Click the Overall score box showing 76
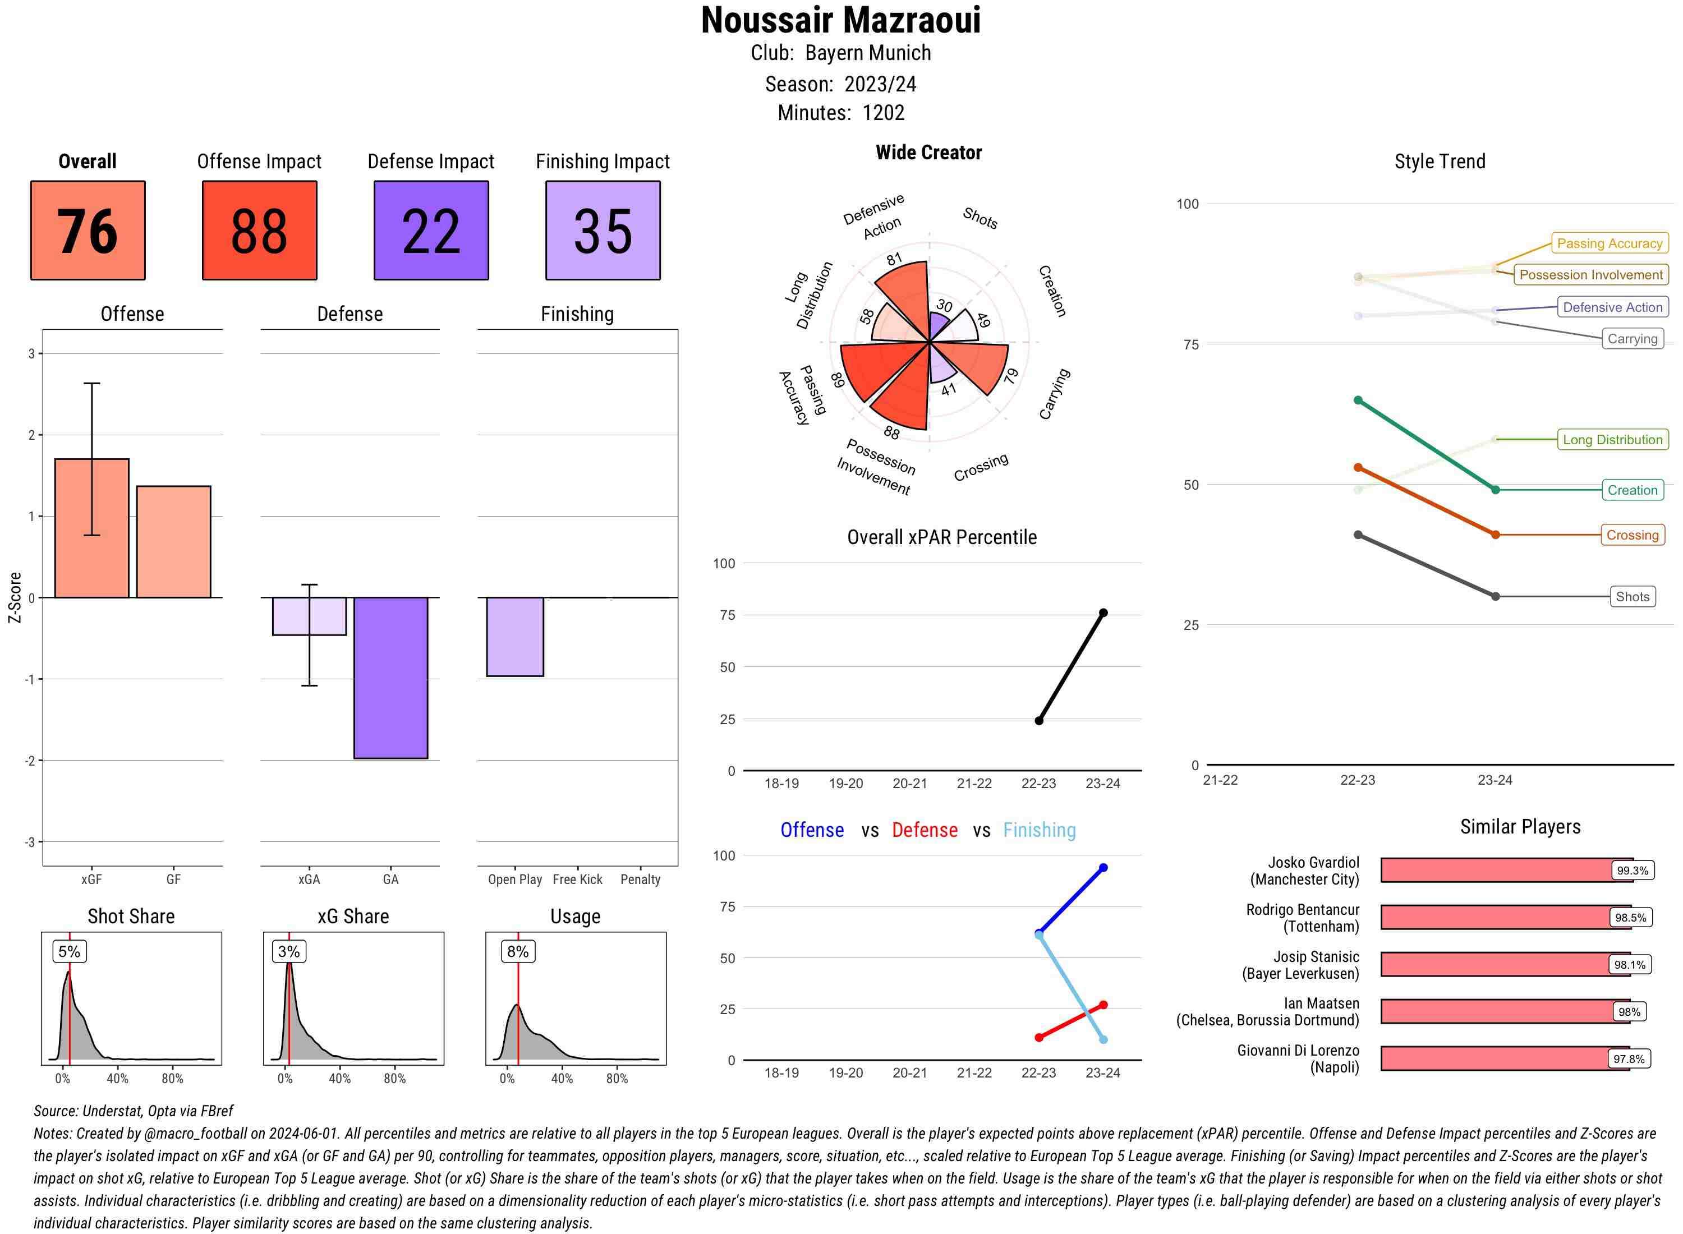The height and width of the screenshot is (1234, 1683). point(88,230)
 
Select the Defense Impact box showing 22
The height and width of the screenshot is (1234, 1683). point(431,230)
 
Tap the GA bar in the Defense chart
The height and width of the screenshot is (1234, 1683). point(390,678)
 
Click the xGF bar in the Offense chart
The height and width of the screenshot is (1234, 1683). point(92,528)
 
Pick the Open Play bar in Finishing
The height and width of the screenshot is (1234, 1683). point(514,637)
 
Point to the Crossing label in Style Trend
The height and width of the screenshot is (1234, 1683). point(1631,535)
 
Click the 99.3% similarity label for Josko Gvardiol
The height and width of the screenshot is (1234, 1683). point(1631,870)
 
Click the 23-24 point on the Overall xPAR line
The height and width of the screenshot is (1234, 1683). point(1102,613)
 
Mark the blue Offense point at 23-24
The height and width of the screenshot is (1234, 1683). point(1102,868)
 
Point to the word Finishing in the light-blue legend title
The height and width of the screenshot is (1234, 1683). point(1039,830)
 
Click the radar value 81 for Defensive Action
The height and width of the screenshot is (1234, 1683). point(894,259)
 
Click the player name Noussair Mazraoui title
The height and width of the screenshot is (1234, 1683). point(840,21)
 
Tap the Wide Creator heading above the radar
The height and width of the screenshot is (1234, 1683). point(928,153)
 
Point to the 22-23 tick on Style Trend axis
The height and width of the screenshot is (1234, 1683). point(1357,780)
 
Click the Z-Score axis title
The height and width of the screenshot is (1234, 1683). point(14,597)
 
